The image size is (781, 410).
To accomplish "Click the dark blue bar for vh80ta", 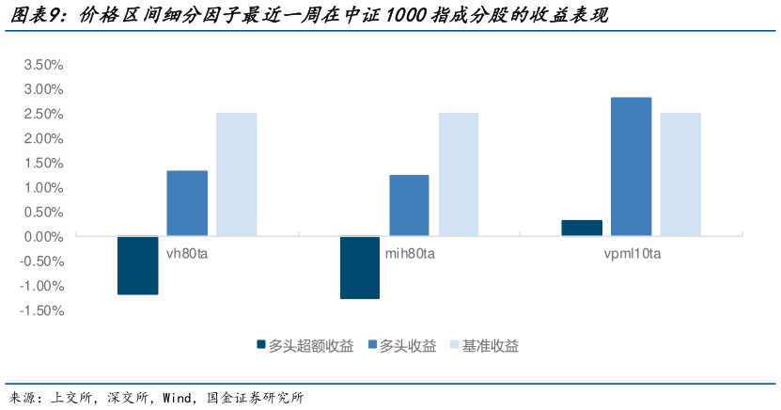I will click(x=137, y=265).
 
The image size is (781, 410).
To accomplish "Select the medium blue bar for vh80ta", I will click(x=187, y=203).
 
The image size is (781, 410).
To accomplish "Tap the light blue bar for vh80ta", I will click(x=236, y=175).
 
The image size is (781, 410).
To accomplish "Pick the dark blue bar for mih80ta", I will click(x=360, y=267).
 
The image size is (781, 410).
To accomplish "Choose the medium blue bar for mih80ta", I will click(x=409, y=205).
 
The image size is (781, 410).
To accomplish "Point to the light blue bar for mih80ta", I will click(x=459, y=175).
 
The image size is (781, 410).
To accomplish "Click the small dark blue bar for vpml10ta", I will click(x=582, y=228).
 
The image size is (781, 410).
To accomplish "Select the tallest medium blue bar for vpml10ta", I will click(x=631, y=166).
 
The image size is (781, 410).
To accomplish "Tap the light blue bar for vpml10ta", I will click(x=680, y=175).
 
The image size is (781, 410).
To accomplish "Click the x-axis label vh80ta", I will click(x=187, y=254).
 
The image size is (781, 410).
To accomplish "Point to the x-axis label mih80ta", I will click(x=410, y=254).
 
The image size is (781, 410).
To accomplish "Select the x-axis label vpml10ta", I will click(x=631, y=254).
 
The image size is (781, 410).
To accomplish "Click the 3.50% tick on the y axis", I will click(x=42, y=65).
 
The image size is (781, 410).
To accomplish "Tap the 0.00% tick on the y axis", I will click(x=42, y=237).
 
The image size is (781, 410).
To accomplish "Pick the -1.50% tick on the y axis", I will click(x=40, y=310).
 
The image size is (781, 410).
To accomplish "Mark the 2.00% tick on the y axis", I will click(x=42, y=138).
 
